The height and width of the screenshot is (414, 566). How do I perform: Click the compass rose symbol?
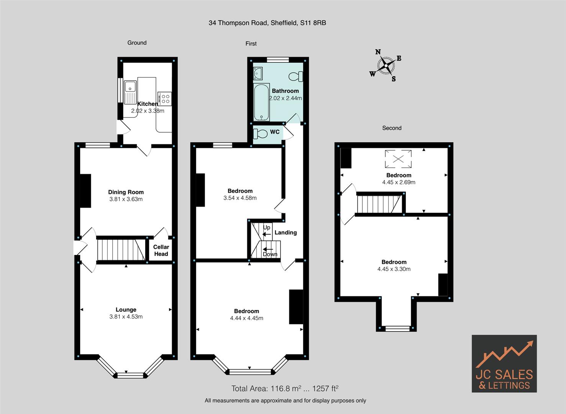386,66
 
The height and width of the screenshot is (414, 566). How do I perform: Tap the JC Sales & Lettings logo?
504,363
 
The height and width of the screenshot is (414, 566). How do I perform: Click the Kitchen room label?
147,104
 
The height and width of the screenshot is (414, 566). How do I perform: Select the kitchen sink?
130,92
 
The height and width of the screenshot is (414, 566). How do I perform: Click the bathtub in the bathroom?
262,103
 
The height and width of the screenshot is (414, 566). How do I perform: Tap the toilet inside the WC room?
261,134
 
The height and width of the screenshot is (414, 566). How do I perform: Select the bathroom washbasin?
258,73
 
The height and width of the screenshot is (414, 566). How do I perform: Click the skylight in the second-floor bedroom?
399,159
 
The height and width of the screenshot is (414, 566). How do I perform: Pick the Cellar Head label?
161,250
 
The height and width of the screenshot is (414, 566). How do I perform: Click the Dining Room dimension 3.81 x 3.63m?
126,199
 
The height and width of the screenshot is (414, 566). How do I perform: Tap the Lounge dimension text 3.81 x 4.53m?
126,317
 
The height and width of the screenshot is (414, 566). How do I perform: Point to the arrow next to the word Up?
267,234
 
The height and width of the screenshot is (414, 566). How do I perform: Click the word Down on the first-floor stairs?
270,254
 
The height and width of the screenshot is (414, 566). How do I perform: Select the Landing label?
285,232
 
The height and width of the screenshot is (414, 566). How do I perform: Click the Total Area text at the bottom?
285,388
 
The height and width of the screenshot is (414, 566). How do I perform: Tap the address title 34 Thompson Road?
267,23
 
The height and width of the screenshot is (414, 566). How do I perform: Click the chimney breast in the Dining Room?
85,191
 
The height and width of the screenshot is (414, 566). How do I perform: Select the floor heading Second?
392,128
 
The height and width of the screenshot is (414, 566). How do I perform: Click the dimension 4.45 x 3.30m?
394,269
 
